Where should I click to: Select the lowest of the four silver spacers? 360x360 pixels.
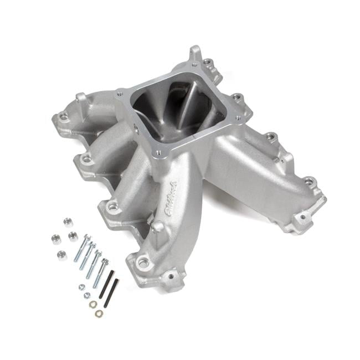point(61,255)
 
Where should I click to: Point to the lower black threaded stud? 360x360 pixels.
point(112,293)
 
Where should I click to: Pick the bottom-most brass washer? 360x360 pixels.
point(99,313)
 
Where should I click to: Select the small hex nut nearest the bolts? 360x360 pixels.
point(81,287)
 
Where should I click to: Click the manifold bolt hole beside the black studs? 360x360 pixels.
point(143,263)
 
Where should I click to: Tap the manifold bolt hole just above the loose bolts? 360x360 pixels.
point(112,208)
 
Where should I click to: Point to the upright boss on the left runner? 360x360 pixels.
point(82,101)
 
